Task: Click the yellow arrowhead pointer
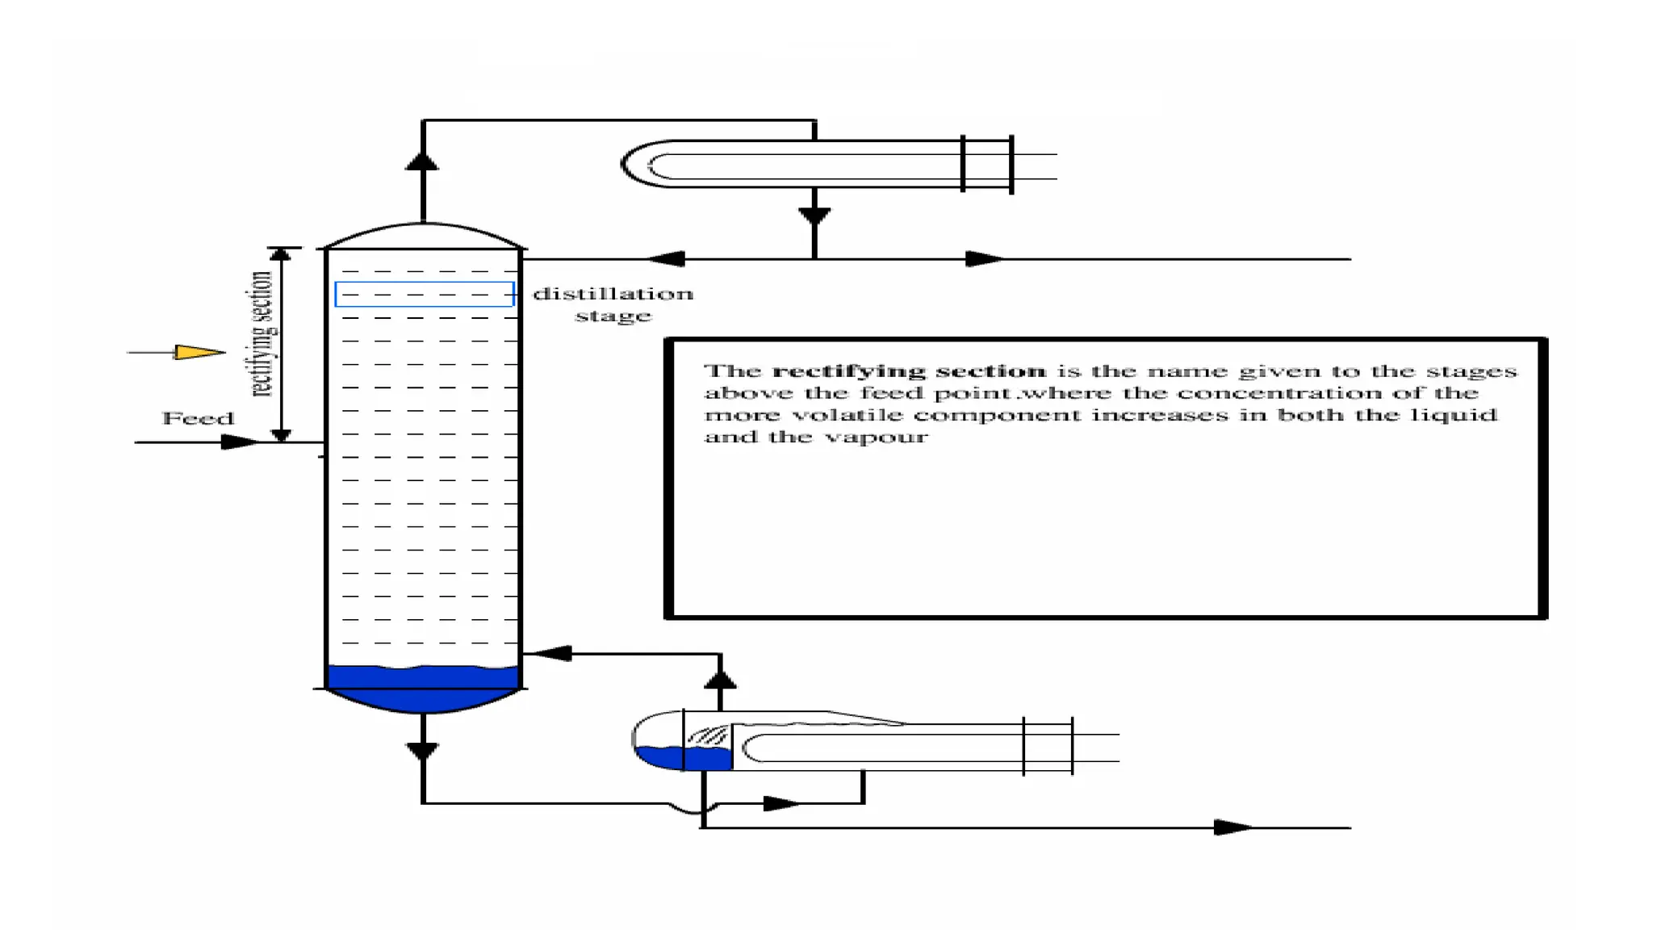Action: coord(199,352)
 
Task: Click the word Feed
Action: coord(198,418)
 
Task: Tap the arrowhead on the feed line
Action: coord(239,442)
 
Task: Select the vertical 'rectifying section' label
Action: coord(261,334)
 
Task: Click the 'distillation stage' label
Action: coord(613,304)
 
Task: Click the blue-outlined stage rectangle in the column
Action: coord(424,294)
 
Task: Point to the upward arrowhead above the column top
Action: coord(422,161)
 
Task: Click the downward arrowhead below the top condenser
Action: coord(814,216)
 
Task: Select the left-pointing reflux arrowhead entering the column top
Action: coord(666,259)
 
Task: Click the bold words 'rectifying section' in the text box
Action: coord(909,371)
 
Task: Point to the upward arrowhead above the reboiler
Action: coord(720,679)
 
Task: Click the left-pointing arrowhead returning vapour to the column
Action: coord(553,653)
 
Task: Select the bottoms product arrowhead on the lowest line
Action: coord(1233,827)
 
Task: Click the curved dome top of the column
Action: coord(423,233)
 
